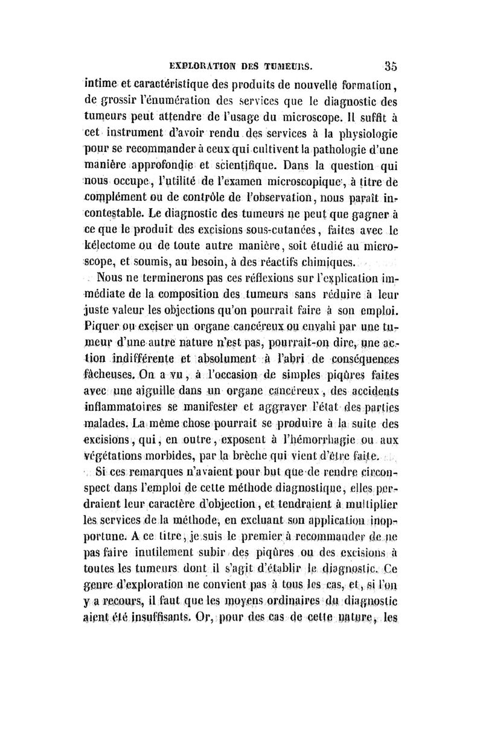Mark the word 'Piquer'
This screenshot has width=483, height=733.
(101, 326)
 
